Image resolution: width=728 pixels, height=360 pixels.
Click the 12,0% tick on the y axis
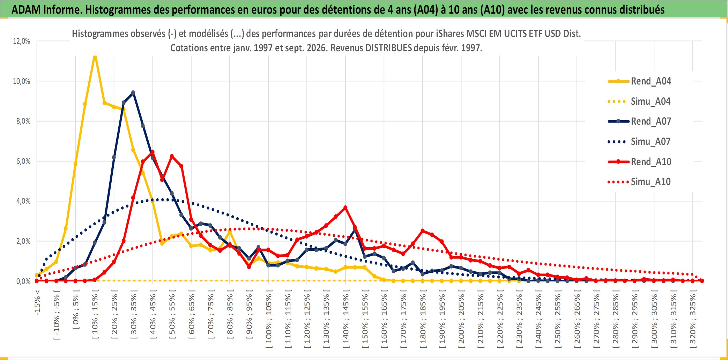tap(22, 41)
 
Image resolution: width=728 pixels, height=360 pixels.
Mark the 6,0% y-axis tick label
tap(22, 161)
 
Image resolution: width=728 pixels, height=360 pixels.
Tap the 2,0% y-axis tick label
tap(22, 241)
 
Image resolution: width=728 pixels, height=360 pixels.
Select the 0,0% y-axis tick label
tap(22, 281)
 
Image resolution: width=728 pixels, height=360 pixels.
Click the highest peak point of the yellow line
tap(95, 56)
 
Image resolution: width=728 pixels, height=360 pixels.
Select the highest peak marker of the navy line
tap(133, 93)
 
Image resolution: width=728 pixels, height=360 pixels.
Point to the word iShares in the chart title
tap(450, 34)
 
